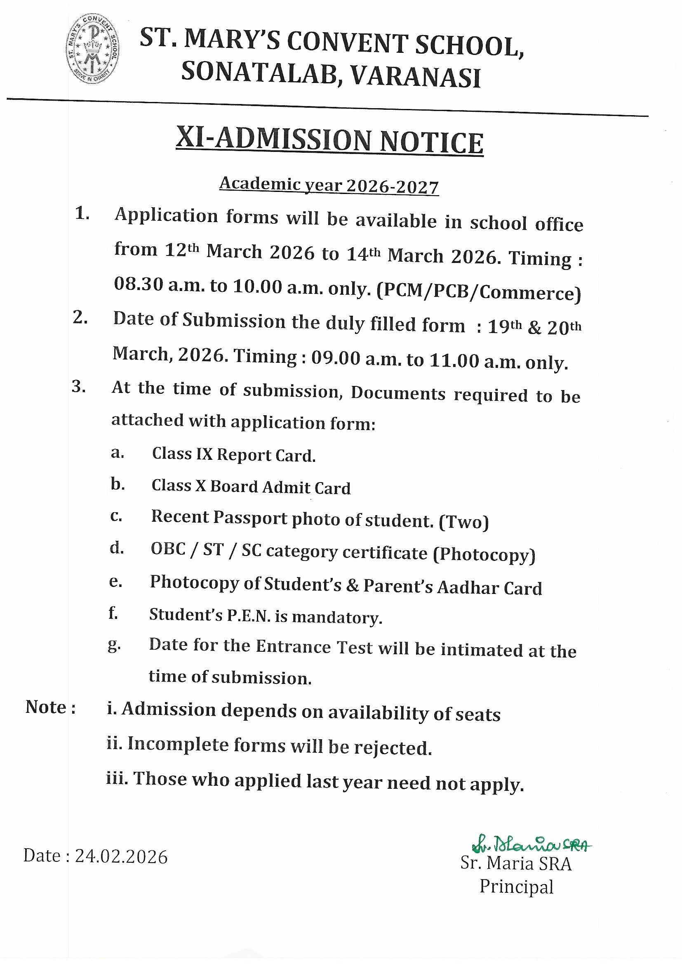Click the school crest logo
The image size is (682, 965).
[x=92, y=48]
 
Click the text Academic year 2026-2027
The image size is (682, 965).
[x=329, y=185]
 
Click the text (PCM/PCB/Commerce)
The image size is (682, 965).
[x=479, y=292]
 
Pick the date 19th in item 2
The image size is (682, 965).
[x=504, y=326]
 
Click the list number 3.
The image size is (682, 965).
[x=78, y=386]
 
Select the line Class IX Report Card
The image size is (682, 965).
[x=233, y=455]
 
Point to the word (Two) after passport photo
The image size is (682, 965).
[x=463, y=522]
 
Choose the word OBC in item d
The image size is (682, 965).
[x=168, y=549]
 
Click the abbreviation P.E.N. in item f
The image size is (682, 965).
[x=249, y=616]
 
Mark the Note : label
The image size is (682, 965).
[x=50, y=707]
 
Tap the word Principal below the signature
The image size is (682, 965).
[x=516, y=887]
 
